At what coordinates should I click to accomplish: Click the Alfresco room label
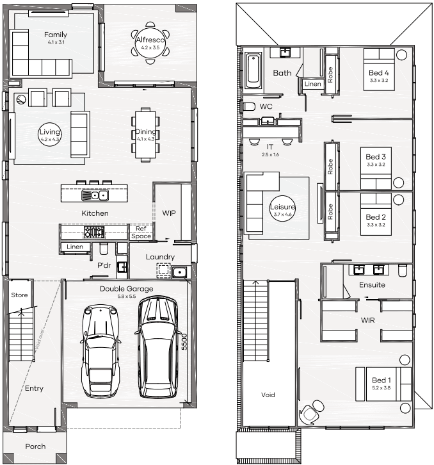tap(150, 40)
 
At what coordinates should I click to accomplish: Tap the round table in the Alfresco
tap(150, 43)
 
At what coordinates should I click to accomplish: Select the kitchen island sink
tap(95, 195)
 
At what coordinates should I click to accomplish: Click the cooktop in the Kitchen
tap(94, 232)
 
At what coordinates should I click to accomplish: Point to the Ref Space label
tap(141, 232)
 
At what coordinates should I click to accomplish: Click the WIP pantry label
tap(169, 213)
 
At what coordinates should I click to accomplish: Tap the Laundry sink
tap(179, 272)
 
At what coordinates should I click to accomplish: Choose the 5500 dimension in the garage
tap(184, 341)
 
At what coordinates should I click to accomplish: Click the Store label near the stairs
tap(20, 295)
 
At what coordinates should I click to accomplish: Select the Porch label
tap(35, 446)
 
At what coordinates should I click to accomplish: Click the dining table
tap(145, 135)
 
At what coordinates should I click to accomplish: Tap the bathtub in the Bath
tap(253, 70)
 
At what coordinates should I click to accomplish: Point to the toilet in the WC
tap(249, 106)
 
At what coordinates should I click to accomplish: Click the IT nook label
tap(269, 147)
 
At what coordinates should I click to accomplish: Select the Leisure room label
tap(282, 207)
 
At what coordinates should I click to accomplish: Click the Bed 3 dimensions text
tap(376, 165)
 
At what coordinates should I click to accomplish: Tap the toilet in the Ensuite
tap(403, 270)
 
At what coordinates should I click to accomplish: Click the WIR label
tap(367, 320)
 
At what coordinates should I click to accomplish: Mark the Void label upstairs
tap(268, 395)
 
